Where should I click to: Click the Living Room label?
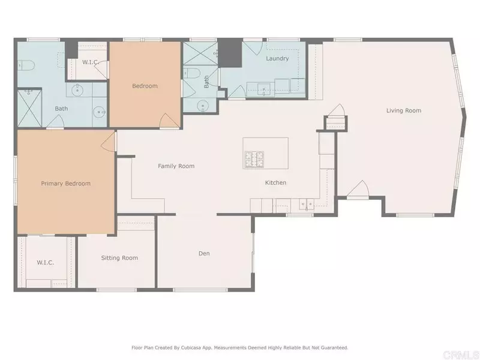point(403,110)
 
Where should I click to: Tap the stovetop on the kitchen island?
point(253,159)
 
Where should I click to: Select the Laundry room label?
point(277,59)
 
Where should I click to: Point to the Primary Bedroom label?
point(65,184)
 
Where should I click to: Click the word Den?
point(204,253)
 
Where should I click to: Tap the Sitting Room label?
point(119,258)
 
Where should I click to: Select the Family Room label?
point(176,166)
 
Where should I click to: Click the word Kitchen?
point(276,183)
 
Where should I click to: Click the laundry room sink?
point(263,90)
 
